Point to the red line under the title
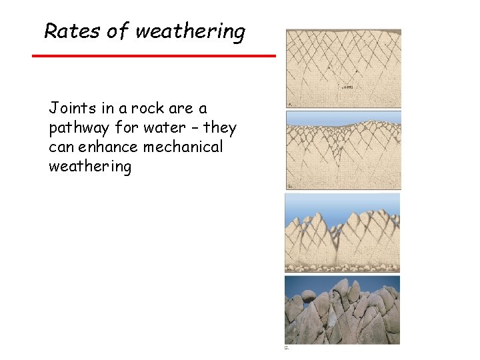154,55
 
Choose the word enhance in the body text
105,147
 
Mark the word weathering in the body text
90,166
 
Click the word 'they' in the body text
220,127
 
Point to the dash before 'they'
193,127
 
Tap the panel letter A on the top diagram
289,105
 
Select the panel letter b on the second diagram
289,187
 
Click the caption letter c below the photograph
287,347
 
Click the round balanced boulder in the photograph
308,296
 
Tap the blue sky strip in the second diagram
343,116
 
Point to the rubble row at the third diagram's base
343,268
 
